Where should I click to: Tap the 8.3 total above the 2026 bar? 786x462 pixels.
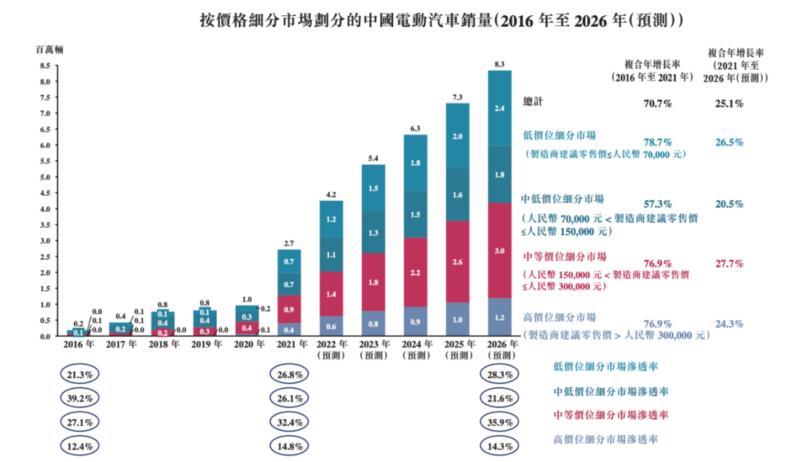[499, 64]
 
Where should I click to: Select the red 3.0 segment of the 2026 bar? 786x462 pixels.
[499, 250]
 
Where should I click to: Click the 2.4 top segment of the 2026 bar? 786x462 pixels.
[499, 108]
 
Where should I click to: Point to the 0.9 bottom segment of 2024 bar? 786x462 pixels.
[415, 321]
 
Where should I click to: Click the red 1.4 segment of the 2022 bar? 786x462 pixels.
[330, 294]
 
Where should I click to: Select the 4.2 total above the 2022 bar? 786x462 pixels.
[330, 194]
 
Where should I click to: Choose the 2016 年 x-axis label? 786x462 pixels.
[77, 345]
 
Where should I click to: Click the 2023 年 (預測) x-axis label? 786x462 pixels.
[373, 350]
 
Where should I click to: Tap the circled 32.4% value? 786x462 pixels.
[289, 421]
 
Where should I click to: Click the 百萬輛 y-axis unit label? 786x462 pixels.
[49, 49]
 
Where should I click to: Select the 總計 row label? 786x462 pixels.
[533, 103]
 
